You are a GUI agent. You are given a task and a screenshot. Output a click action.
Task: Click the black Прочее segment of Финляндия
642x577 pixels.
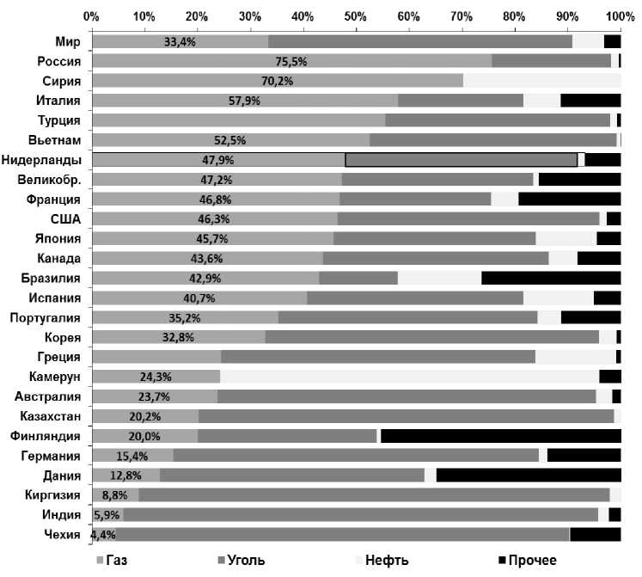499,436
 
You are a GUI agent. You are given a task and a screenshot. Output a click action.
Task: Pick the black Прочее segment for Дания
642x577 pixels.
528,476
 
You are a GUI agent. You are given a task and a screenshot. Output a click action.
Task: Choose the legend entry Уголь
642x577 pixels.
245,561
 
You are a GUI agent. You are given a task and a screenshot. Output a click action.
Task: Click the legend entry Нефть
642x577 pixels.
386,561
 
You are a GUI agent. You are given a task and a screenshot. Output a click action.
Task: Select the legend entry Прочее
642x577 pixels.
532,561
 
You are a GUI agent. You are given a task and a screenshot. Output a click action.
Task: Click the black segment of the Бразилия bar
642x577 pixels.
551,278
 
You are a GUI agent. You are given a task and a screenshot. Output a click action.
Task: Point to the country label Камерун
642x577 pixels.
53,377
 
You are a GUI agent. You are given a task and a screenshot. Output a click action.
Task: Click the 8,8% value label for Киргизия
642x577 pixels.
114,495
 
